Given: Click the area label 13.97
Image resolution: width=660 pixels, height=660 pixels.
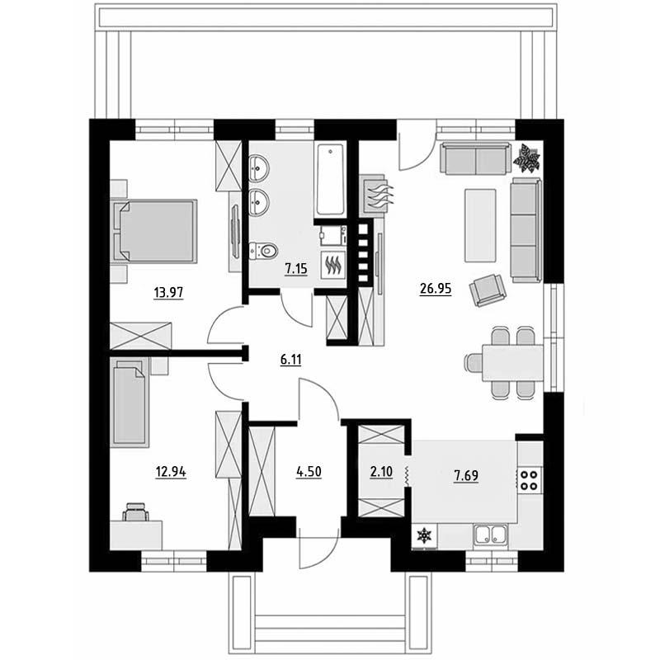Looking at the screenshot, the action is (168, 292).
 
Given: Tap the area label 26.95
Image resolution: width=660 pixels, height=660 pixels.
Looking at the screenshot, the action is (436, 289).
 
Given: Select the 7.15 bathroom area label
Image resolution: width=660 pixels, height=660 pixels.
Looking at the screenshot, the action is (296, 269).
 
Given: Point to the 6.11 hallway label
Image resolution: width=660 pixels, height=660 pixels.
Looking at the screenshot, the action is (291, 360).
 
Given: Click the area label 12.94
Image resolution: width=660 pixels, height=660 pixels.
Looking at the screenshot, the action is (171, 472).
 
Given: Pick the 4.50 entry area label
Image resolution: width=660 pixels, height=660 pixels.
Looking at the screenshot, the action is (309, 472).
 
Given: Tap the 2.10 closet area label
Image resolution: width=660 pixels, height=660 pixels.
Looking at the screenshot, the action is (381, 472).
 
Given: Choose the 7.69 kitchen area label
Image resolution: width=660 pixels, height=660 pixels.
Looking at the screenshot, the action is (466, 476).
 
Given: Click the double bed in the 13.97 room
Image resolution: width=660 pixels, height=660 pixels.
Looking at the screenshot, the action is (154, 231).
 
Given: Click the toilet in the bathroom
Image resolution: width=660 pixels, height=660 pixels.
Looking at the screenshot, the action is (263, 251).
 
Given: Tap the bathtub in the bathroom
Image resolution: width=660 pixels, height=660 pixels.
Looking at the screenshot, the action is (331, 180).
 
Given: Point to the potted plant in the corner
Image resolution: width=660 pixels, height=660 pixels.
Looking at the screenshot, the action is (526, 158).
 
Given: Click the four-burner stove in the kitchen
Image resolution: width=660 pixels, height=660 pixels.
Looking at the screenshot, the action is (530, 480).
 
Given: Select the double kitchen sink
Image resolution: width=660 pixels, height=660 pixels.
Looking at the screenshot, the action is (490, 535).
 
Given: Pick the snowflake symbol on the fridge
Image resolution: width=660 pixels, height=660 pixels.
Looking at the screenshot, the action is (424, 535).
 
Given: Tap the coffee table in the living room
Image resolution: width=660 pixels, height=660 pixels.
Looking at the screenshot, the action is (480, 225).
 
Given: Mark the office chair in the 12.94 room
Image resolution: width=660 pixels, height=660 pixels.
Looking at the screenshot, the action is (135, 511).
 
